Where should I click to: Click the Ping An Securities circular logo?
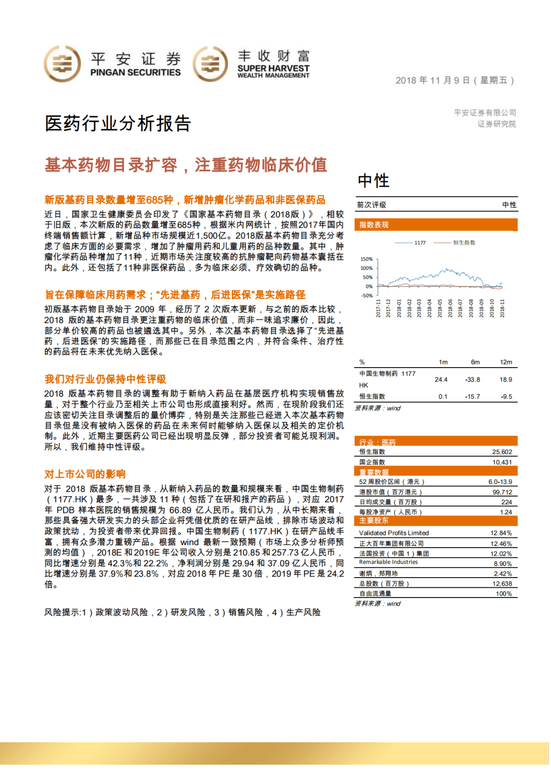click(x=62, y=64)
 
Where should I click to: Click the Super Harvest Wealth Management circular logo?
click(x=210, y=64)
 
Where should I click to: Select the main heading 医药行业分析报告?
click(x=118, y=123)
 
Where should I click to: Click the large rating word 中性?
click(x=373, y=180)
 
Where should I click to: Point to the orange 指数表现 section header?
click(x=374, y=225)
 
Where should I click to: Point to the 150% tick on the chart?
click(x=366, y=259)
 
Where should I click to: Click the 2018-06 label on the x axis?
click(x=450, y=308)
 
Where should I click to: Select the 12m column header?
click(x=506, y=362)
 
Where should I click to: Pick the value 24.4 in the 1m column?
click(x=441, y=380)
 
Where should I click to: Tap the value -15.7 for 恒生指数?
click(x=472, y=397)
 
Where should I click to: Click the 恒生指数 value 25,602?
click(x=502, y=452)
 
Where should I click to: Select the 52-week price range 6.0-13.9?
click(x=500, y=482)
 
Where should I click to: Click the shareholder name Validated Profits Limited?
click(x=394, y=533)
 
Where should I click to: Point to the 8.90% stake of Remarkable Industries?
click(x=503, y=564)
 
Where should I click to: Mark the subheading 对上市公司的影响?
click(x=85, y=474)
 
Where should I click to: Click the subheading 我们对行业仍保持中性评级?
click(x=105, y=379)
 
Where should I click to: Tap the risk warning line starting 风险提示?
click(x=182, y=612)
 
